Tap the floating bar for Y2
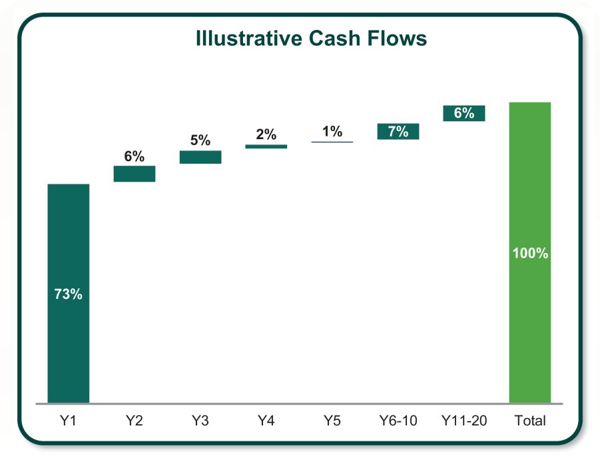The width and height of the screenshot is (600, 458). pyautogui.click(x=134, y=174)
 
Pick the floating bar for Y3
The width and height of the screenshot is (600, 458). pyautogui.click(x=200, y=157)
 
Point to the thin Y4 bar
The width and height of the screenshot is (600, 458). pyautogui.click(x=266, y=146)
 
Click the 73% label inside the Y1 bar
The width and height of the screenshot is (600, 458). pyautogui.click(x=68, y=294)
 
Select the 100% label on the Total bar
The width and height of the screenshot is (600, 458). pyautogui.click(x=530, y=254)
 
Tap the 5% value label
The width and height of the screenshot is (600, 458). pyautogui.click(x=200, y=140)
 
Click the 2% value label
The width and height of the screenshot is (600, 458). pyautogui.click(x=266, y=134)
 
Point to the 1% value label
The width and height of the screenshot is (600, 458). pyautogui.click(x=332, y=131)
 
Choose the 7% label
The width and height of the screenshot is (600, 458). pyautogui.click(x=398, y=131)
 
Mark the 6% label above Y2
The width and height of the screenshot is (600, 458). pyautogui.click(x=134, y=156)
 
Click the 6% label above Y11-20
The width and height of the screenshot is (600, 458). pyautogui.click(x=463, y=113)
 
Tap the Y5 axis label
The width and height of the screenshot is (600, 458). pyautogui.click(x=332, y=421)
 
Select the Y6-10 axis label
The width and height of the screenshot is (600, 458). pyautogui.click(x=398, y=421)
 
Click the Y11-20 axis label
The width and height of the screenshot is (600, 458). pyautogui.click(x=463, y=421)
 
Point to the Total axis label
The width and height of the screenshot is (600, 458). pyautogui.click(x=530, y=421)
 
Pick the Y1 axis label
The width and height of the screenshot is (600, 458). pyautogui.click(x=68, y=421)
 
